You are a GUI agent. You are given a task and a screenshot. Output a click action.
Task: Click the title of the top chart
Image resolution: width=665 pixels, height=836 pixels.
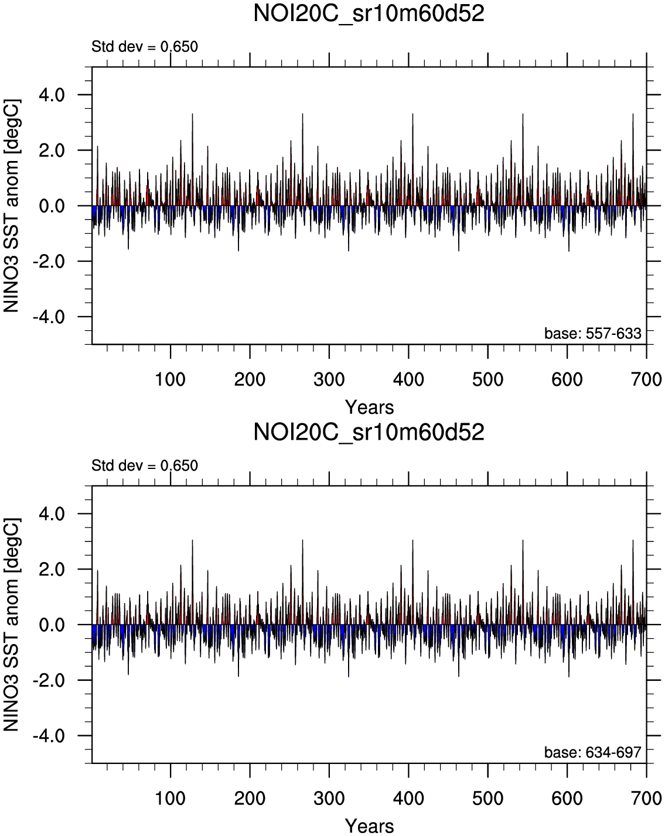369,13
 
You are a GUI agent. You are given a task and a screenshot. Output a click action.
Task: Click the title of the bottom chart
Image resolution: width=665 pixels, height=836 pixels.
369,433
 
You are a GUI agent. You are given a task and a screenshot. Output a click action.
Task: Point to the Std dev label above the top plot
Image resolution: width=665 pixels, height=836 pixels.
145,47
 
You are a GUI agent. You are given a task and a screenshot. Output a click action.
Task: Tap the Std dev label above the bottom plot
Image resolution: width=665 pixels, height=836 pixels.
145,466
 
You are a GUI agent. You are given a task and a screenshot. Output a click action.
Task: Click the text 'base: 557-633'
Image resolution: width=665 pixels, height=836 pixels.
593,334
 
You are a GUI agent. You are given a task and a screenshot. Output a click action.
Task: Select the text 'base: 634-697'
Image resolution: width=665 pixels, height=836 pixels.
593,753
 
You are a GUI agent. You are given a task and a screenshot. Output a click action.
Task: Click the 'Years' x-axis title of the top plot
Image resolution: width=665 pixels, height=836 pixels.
369,407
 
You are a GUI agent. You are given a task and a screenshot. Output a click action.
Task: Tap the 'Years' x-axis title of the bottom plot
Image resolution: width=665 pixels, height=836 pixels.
369,826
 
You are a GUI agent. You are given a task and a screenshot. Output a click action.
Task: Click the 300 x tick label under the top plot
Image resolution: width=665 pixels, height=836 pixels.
329,379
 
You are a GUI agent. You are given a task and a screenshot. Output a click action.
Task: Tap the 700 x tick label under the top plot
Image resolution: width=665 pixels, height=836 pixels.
646,379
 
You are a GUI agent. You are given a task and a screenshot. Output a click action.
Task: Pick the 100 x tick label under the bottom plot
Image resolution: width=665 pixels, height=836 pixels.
170,799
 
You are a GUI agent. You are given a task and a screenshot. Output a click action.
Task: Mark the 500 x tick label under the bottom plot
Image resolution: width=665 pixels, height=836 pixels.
488,799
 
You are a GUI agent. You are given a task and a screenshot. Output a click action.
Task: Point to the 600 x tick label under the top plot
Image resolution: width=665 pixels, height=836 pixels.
567,379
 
